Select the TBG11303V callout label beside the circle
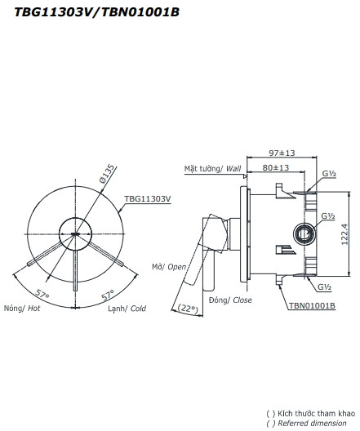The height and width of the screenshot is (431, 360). [147, 198]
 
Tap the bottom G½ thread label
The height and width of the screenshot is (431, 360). [324, 288]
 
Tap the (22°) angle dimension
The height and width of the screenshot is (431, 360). [189, 308]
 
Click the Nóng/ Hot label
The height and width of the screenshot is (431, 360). [22, 309]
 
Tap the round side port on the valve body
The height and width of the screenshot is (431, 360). [304, 235]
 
